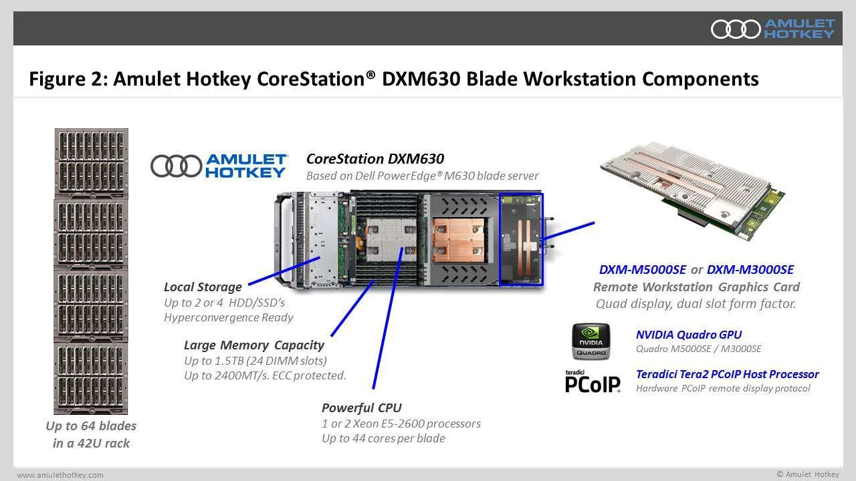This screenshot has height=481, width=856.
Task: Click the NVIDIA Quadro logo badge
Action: (591, 341)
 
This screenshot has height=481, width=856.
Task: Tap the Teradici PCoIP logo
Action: (593, 381)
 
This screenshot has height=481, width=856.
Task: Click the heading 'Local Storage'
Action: (203, 287)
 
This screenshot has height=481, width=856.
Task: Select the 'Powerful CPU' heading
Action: (362, 408)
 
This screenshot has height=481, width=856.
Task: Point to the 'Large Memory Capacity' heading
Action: (254, 345)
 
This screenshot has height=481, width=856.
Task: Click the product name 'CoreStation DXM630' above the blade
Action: (375, 159)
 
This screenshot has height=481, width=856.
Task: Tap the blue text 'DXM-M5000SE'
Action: (643, 269)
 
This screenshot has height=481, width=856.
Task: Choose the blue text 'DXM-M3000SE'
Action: (750, 269)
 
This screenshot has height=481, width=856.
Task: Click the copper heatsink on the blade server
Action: (459, 240)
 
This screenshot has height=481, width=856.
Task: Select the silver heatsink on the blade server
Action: (391, 240)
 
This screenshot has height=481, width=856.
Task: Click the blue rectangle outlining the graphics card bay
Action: (500, 239)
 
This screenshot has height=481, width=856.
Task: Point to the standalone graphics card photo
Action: (692, 190)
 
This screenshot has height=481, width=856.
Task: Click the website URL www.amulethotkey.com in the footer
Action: (60, 475)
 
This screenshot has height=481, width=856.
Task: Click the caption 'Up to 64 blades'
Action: (91, 426)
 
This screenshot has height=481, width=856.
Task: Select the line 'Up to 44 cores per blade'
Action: (383, 438)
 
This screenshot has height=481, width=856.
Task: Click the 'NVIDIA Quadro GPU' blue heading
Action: (689, 335)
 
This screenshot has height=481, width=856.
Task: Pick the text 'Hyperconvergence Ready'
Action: (229, 317)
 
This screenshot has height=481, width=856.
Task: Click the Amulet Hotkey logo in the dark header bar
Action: (772, 29)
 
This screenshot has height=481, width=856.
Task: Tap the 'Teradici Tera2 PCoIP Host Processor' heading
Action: (727, 374)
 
